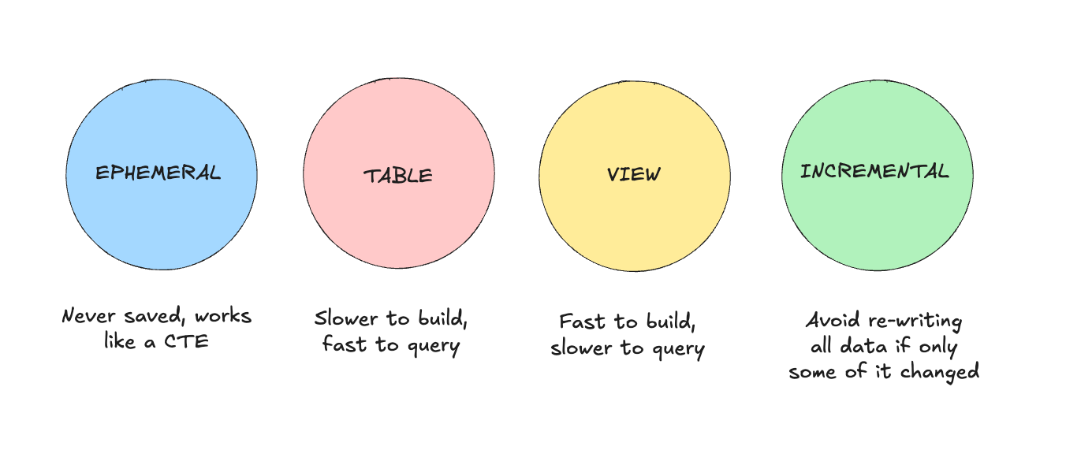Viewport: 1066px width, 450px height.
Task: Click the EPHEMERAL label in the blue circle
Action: coord(158,173)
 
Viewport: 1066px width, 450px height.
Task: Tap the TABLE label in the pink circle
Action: coord(398,175)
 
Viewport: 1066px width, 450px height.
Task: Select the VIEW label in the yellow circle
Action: coord(634,174)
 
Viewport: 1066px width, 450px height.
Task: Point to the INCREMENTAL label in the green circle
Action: coord(874,171)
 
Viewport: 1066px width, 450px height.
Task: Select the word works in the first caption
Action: coord(222,317)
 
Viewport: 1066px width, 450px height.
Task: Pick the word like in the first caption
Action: coord(121,342)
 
